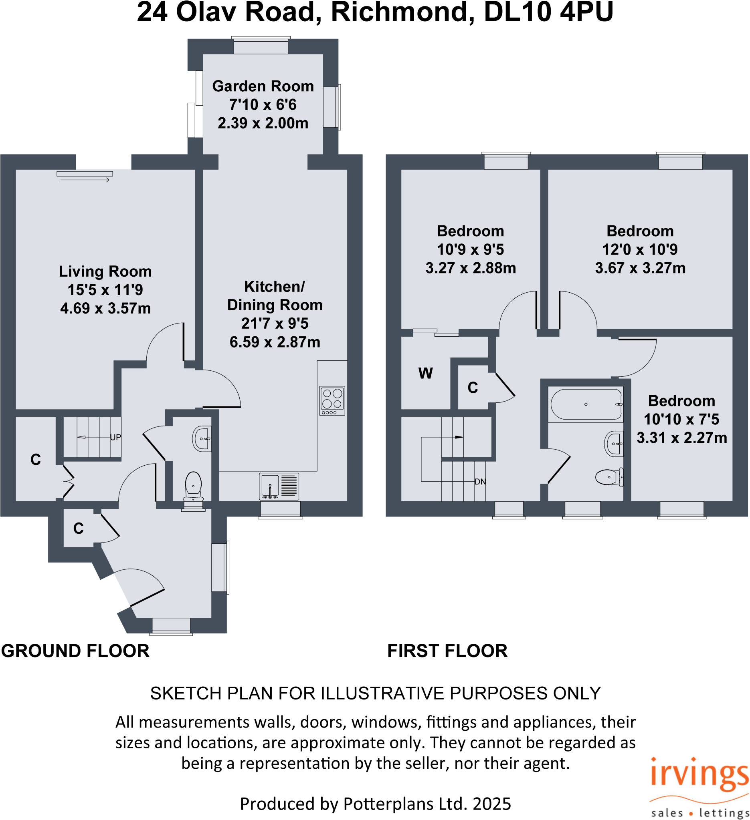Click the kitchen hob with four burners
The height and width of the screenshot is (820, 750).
click(332, 400)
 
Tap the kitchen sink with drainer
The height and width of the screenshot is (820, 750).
click(279, 486)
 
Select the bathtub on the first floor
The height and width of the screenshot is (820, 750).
click(586, 404)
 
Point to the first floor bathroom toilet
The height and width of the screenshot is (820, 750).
click(609, 477)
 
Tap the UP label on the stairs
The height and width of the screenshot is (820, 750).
click(115, 437)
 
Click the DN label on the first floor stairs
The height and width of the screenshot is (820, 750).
click(480, 482)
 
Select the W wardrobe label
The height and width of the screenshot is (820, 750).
click(425, 374)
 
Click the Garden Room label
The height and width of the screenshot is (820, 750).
click(263, 86)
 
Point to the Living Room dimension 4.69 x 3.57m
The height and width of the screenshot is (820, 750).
click(105, 308)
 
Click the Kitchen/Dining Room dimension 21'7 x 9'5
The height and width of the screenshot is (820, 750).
click(275, 324)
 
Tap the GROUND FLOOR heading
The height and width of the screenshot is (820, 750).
click(75, 651)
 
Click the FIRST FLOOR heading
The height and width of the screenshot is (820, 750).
click(447, 651)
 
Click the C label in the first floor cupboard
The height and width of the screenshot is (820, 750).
click(472, 388)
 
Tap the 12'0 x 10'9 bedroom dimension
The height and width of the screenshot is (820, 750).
click(640, 249)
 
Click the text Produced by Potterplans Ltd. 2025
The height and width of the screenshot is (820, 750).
click(375, 804)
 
